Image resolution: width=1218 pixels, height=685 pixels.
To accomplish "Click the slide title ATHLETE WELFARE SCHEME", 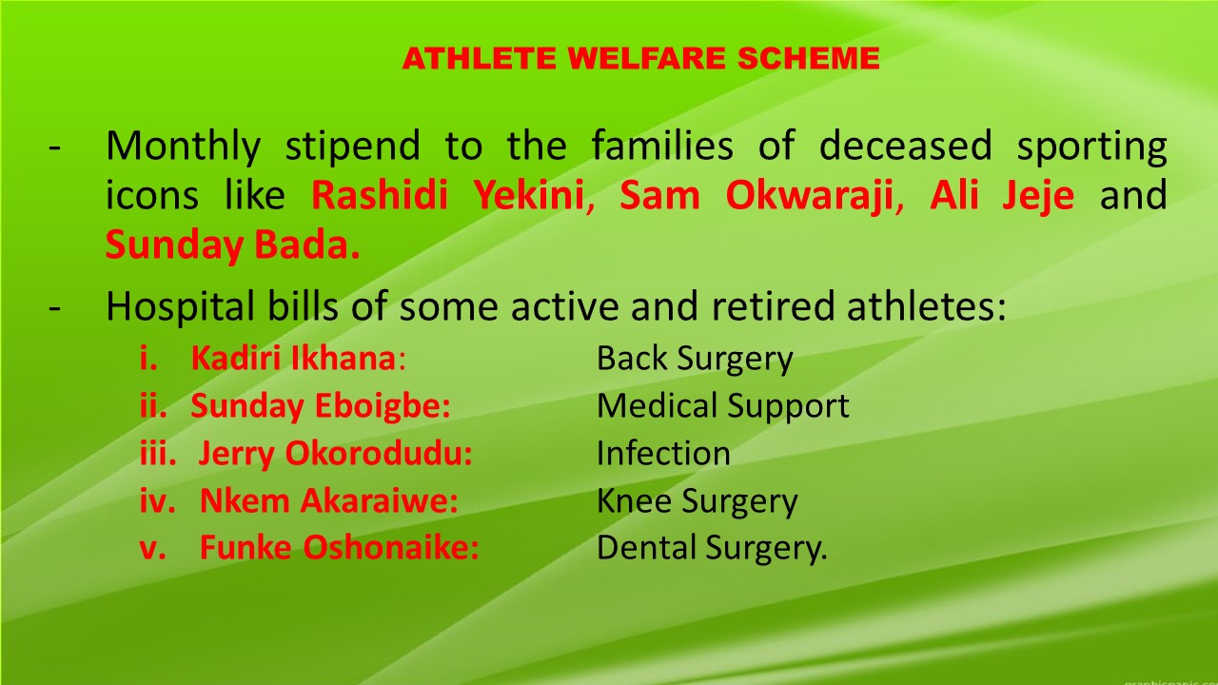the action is tap(641, 58).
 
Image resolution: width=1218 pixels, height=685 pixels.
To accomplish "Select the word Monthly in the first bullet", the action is tap(184, 147).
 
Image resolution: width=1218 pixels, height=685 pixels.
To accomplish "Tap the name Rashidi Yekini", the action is tap(447, 195).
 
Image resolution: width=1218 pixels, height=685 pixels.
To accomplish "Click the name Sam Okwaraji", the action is tap(756, 196).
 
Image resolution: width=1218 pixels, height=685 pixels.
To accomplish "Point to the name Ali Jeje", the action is tap(1002, 196).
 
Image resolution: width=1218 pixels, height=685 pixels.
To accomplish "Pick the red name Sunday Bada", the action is tap(233, 245).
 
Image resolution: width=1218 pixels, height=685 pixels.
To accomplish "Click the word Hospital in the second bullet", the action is tap(180, 306).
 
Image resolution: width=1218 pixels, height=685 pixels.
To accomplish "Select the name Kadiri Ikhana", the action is tap(293, 359).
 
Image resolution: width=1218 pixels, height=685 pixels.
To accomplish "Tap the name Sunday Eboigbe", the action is tap(321, 406).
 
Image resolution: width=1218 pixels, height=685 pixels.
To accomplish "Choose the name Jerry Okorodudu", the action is tap(335, 454).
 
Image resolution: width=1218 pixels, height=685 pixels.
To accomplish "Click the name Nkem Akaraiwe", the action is tap(329, 500).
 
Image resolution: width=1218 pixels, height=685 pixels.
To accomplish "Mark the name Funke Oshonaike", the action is tap(340, 547).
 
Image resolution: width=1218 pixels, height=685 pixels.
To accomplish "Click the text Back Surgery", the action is tap(695, 360).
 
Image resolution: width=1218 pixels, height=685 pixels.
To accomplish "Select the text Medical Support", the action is tap(723, 406).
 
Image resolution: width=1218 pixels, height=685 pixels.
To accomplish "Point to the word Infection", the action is tap(663, 453).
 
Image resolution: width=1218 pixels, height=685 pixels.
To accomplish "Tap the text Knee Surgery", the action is tap(697, 501).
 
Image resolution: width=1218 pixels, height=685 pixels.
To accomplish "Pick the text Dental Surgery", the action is tap(712, 548).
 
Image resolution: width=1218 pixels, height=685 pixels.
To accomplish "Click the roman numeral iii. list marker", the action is tap(158, 453).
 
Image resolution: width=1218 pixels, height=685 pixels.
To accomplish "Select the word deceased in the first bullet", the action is tap(906, 146).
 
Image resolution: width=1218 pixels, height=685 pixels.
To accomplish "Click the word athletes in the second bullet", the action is tap(920, 306).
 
